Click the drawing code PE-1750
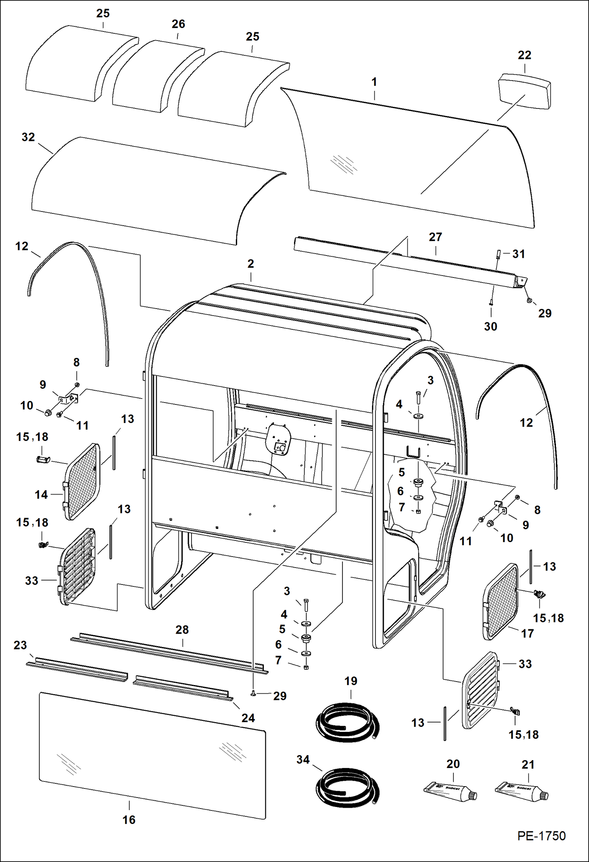541,836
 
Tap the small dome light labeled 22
525,93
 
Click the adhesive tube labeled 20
451,791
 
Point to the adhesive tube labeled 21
522,791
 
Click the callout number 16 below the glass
129,820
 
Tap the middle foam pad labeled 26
158,76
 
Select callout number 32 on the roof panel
28,137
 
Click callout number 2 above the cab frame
251,264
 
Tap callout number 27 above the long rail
435,237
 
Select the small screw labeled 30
491,303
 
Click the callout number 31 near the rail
519,254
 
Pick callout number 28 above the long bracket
182,630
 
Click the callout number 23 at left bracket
20,645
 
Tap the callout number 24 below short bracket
248,718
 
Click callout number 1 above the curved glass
374,82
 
